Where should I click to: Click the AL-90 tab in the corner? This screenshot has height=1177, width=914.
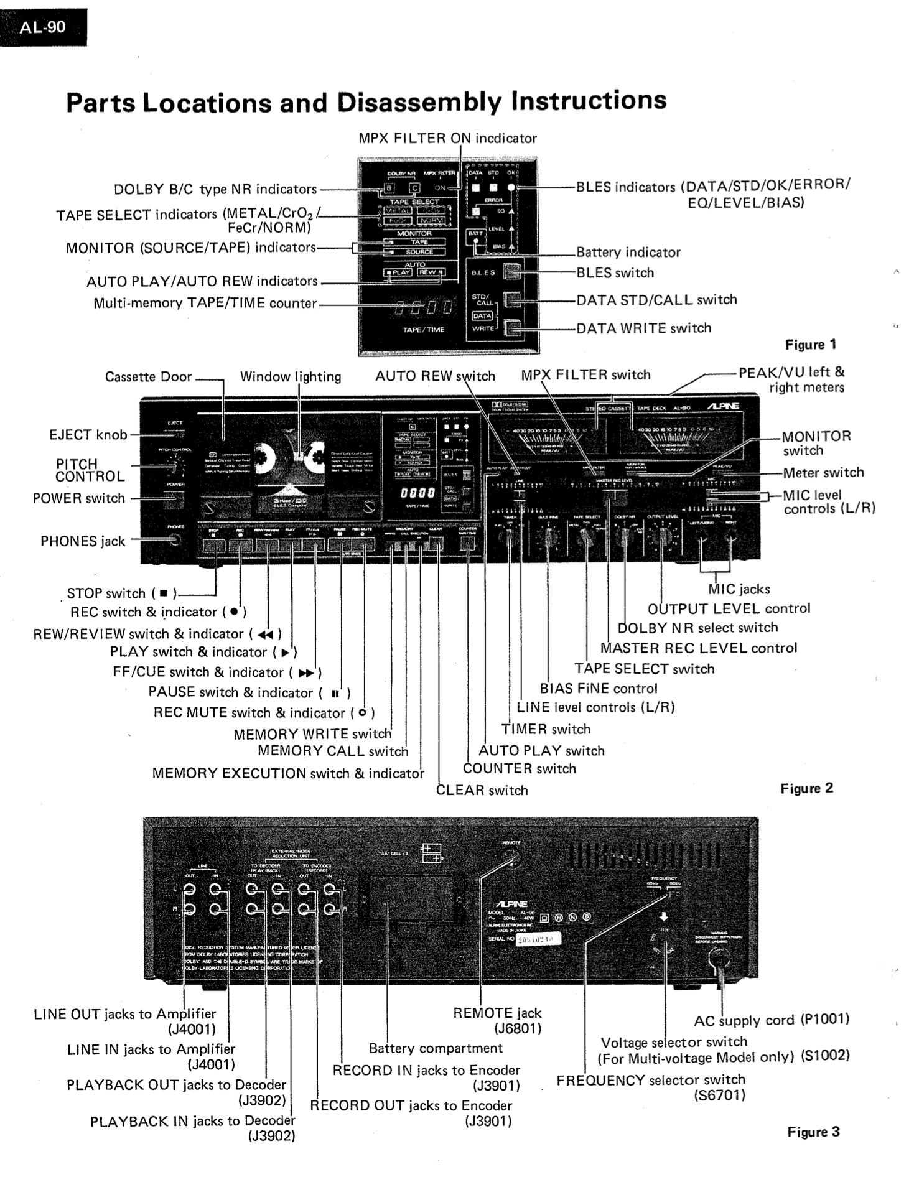click(x=42, y=27)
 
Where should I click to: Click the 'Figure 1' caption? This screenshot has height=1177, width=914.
click(x=810, y=345)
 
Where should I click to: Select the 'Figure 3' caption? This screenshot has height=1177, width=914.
click(x=813, y=1132)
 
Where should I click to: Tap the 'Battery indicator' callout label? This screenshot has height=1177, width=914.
click(x=628, y=252)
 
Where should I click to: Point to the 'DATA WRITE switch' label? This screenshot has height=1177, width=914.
click(x=643, y=328)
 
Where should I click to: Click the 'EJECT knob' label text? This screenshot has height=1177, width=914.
click(x=88, y=435)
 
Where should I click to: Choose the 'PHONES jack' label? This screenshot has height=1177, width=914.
click(x=83, y=541)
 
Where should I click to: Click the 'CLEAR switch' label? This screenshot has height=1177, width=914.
click(x=482, y=790)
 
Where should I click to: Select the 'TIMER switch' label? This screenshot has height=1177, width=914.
click(x=546, y=729)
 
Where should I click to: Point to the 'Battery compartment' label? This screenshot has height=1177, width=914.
click(x=436, y=1048)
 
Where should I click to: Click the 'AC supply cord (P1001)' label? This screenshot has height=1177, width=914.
click(x=772, y=1020)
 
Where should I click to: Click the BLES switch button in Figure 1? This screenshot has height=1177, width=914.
click(x=512, y=272)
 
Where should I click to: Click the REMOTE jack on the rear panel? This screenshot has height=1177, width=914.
click(x=511, y=858)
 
